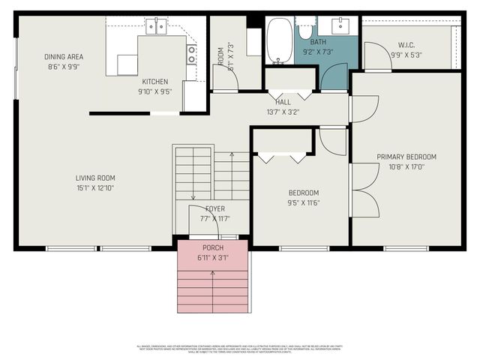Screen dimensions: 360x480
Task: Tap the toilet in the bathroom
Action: tap(306, 29)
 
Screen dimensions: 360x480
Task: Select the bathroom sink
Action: tap(344, 26)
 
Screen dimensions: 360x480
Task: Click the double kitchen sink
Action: tap(156, 27)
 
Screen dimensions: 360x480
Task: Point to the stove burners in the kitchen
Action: tap(192, 54)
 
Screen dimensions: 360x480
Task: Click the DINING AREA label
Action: tap(64, 57)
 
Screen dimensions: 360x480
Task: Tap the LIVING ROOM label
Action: tap(95, 178)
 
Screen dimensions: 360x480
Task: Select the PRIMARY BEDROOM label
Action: tap(406, 157)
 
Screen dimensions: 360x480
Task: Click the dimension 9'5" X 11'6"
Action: tap(303, 202)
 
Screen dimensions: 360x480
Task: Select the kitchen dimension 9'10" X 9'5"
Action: tap(155, 91)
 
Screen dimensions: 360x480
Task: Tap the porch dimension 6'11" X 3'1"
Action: tap(212, 257)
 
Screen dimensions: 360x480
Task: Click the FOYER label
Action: tap(214, 208)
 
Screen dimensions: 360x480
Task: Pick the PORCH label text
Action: tap(212, 247)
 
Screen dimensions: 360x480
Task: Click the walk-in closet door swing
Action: tap(375, 55)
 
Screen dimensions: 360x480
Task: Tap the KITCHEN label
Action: tap(155, 82)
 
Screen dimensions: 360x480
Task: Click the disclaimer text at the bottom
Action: tap(240, 348)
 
